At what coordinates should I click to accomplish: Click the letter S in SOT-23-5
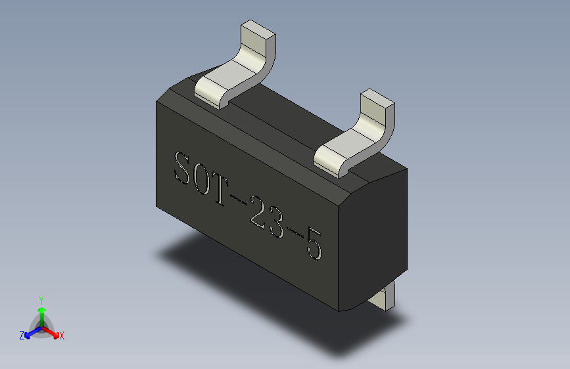click(182, 168)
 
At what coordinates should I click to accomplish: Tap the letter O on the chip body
click(202, 179)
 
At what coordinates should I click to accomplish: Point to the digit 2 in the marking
click(258, 213)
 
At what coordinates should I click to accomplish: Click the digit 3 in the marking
click(275, 223)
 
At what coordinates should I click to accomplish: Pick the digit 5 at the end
click(314, 244)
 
